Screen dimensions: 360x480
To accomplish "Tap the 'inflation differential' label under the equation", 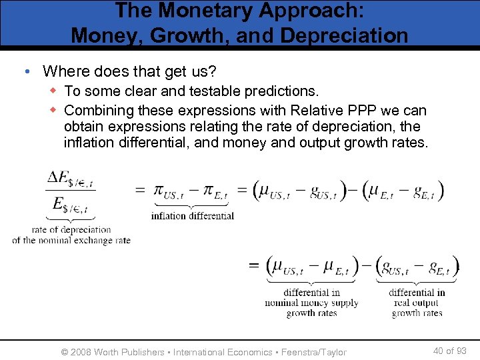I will click(192, 215).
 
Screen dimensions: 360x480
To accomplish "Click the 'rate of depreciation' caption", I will click(71, 230).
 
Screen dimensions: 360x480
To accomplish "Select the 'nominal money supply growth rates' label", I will click(311, 303).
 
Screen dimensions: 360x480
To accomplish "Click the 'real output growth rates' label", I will click(417, 303).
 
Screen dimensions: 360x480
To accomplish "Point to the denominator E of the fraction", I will click(70, 203).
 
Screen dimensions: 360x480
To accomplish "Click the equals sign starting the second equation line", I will click(253, 266).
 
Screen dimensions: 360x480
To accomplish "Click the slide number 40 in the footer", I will click(439, 351).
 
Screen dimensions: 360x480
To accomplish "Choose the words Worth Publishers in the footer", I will click(130, 352).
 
